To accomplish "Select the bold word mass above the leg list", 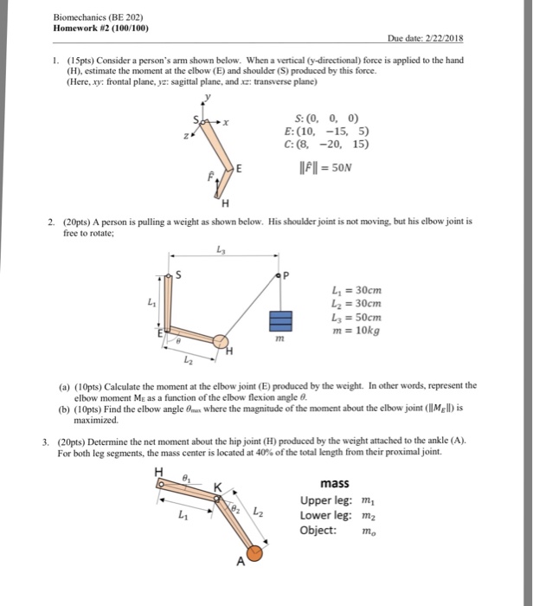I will [x=334, y=484].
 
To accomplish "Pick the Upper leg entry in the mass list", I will [x=327, y=500].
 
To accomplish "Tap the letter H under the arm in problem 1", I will [x=225, y=204].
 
